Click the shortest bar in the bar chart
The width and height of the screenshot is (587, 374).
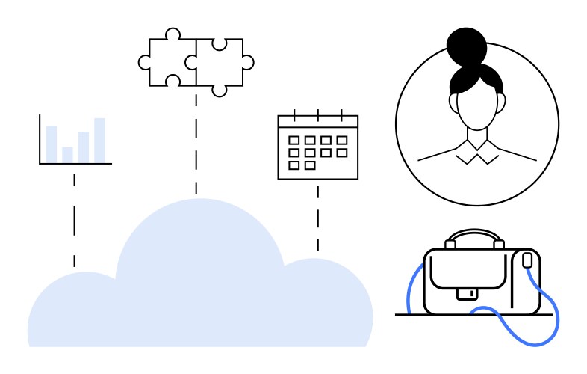[67, 154]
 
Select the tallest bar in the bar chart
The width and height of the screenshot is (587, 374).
[99, 140]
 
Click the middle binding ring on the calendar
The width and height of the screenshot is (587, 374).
[318, 115]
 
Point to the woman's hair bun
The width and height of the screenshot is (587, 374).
[467, 46]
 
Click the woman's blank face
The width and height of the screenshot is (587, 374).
[476, 109]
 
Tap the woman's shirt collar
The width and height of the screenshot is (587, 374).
[477, 153]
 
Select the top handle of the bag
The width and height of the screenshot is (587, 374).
[473, 236]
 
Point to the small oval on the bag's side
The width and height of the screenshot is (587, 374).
[527, 260]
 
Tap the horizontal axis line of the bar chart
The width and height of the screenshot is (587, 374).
[75, 163]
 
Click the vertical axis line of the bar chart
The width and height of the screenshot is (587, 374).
[40, 139]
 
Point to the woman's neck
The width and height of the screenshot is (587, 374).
[476, 138]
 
